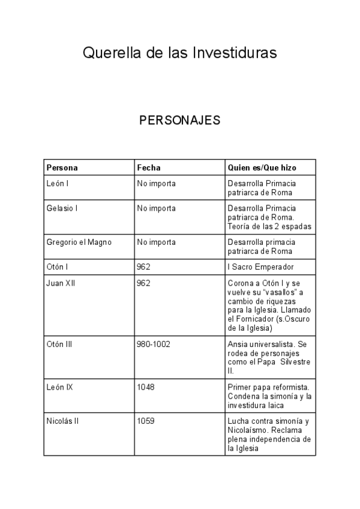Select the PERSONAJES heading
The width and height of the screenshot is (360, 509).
180,120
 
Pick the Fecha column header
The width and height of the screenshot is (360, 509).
149,167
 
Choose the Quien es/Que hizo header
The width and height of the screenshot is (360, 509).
262,167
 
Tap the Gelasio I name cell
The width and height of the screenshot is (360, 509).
62,208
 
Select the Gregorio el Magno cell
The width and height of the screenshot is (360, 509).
79,242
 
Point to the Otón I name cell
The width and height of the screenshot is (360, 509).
58,267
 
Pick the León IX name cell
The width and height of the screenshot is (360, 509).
59,387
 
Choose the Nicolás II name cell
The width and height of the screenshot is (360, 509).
62,421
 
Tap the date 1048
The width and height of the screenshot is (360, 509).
146,387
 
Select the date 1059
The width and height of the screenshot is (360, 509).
146,421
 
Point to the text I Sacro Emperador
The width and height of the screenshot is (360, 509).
260,267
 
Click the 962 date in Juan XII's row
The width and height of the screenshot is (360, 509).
143,283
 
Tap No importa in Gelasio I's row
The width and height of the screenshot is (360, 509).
156,208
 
